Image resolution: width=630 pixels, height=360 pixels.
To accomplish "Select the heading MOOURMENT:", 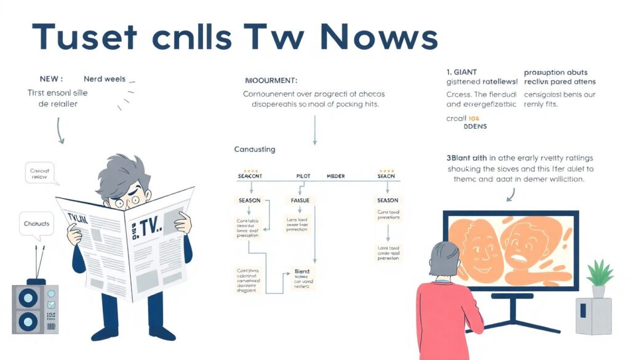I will (271, 81).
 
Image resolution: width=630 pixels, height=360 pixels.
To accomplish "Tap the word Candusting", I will (255, 150).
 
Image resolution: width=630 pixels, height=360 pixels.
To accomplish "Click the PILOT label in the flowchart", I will (303, 176).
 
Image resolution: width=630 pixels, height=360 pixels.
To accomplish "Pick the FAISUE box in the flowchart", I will (300, 201).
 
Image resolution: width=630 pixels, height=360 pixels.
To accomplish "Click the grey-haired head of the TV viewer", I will (444, 259).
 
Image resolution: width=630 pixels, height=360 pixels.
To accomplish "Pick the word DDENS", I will (474, 126).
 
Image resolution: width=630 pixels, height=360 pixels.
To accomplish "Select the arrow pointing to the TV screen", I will (512, 194).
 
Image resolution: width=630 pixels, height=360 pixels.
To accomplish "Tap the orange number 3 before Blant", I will (449, 158).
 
